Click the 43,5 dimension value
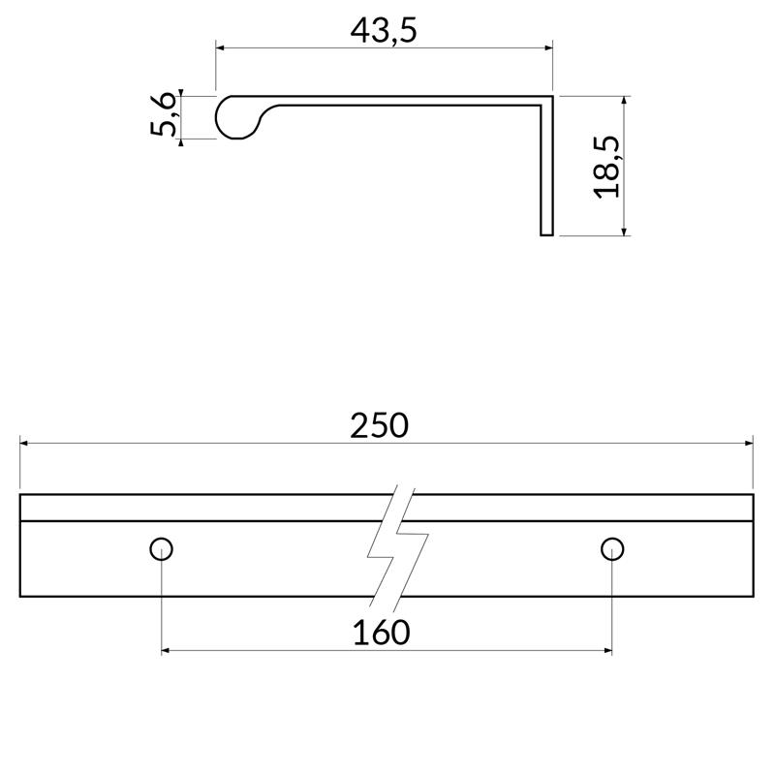pos(383,30)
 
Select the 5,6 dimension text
pos(164,116)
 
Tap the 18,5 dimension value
pos(606,166)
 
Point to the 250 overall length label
pos(379,425)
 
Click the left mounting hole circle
pos(162,548)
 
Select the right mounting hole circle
pos(611,548)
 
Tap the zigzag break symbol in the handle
pos(397,544)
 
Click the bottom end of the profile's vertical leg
pos(546,233)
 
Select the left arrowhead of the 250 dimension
pos(25,444)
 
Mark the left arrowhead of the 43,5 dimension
pos(220,47)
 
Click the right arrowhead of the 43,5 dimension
pos(546,47)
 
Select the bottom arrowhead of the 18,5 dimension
pos(625,230)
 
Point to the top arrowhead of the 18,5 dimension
pos(625,102)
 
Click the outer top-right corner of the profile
pos(551,97)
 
